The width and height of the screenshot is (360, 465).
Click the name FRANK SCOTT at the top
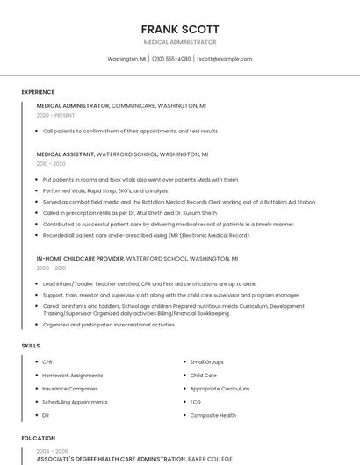[x=180, y=29]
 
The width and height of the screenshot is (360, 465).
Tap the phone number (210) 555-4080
[x=171, y=59]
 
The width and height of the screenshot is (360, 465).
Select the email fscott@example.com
[x=224, y=59]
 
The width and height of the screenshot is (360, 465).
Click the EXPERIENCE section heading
[x=38, y=92]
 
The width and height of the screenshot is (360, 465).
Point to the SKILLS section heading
[x=31, y=346]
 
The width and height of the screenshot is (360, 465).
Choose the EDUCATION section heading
[x=38, y=437]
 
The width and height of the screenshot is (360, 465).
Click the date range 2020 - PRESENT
[x=55, y=115]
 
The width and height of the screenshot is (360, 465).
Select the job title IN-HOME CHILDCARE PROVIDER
[x=81, y=259]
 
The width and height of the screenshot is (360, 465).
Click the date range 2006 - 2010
[x=51, y=268]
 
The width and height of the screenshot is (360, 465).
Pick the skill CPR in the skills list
[x=47, y=361]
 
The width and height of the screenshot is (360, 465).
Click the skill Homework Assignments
[x=73, y=375]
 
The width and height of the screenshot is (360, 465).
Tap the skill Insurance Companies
[x=70, y=388]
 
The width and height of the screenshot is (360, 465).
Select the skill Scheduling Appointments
[x=75, y=402]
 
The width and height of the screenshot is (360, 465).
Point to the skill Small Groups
[x=207, y=361]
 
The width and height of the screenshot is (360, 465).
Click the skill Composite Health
[x=213, y=415]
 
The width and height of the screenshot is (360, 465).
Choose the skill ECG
[x=196, y=402]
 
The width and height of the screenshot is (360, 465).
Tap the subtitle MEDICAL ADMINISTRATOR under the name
[x=180, y=42]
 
